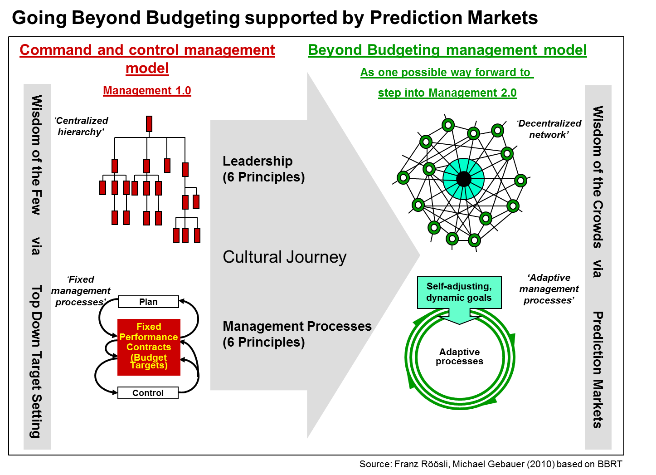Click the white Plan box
click(148, 302)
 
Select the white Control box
click(148, 393)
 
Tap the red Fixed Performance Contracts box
click(149, 347)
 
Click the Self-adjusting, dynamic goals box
click(459, 292)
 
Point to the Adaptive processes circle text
click(459, 357)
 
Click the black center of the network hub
click(463, 179)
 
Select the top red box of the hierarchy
click(149, 124)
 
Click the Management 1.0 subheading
click(147, 91)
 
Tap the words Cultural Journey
click(284, 257)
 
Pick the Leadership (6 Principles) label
click(263, 169)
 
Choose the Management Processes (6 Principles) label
click(297, 334)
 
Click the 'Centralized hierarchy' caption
click(82, 126)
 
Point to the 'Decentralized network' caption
click(549, 129)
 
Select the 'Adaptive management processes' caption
click(549, 289)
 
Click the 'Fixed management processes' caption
click(81, 291)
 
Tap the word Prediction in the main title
click(416, 18)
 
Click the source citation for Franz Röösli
click(491, 464)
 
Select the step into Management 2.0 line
click(447, 93)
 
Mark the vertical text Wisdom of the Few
click(37, 154)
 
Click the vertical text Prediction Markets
click(598, 370)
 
